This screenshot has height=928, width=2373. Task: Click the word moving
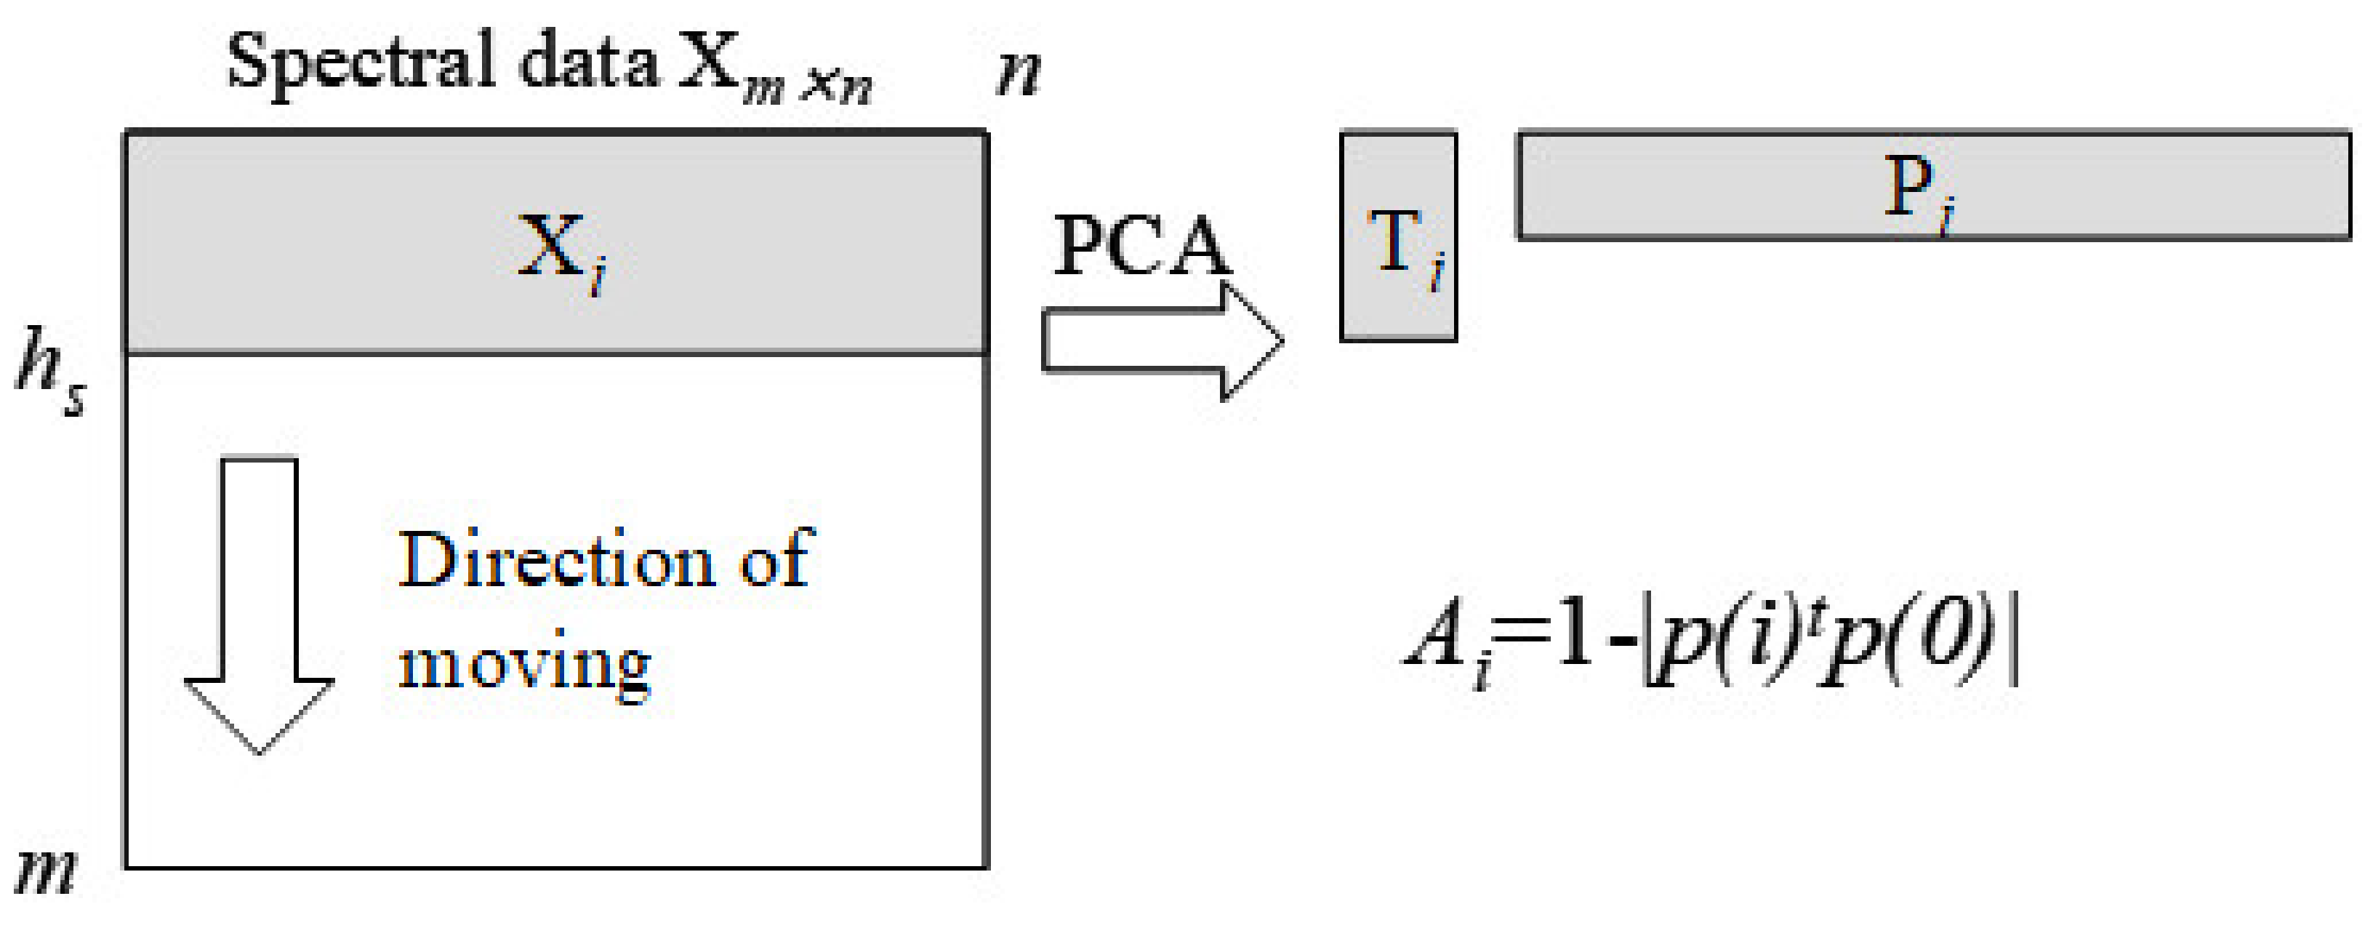(524, 663)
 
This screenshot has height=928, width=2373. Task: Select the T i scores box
(1398, 238)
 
